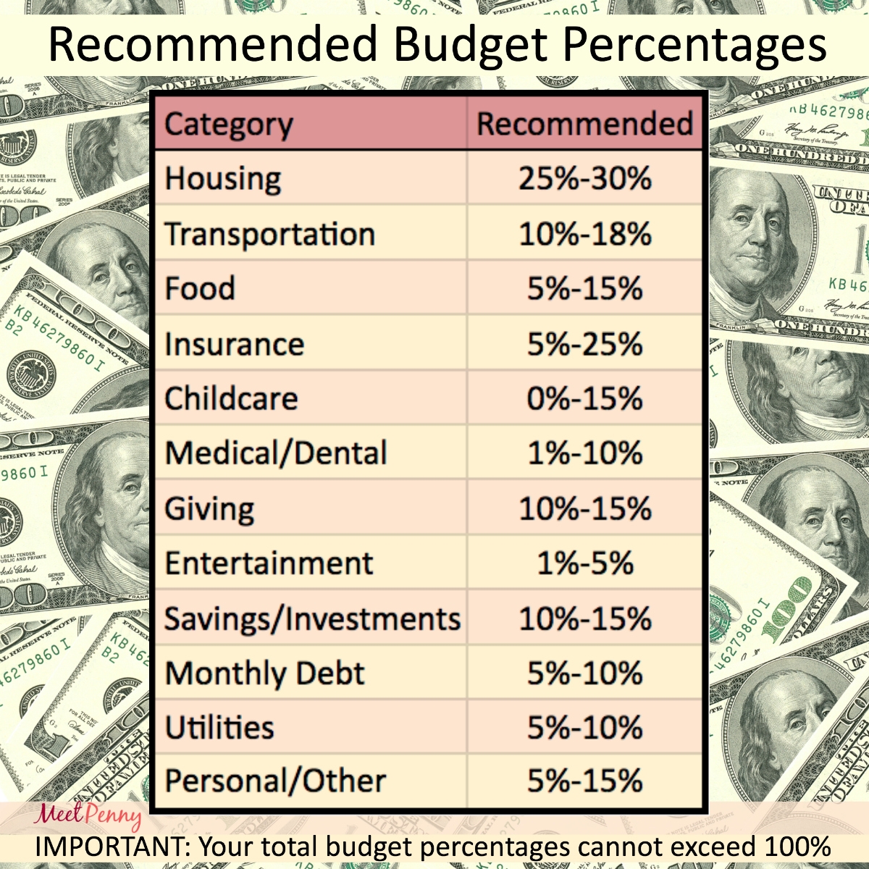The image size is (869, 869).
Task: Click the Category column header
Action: pyautogui.click(x=228, y=125)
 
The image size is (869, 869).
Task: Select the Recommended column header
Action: pyautogui.click(x=584, y=124)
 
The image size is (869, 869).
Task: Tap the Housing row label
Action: pyautogui.click(x=222, y=179)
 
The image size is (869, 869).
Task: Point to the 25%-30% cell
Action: pyautogui.click(x=584, y=179)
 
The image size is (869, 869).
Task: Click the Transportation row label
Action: pyautogui.click(x=269, y=234)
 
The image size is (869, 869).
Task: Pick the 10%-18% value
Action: pyautogui.click(x=584, y=234)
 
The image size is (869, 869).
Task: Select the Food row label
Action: pyautogui.click(x=200, y=288)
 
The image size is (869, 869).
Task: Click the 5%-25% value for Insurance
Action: pyautogui.click(x=584, y=344)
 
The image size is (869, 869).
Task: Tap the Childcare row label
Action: pyautogui.click(x=231, y=398)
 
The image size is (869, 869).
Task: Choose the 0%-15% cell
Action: pyautogui.click(x=584, y=398)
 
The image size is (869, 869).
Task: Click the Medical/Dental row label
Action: pyautogui.click(x=276, y=453)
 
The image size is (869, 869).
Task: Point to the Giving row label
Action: pyautogui.click(x=209, y=508)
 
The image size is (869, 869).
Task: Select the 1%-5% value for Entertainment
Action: pyautogui.click(x=584, y=563)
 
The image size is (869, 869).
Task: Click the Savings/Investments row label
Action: pyautogui.click(x=312, y=619)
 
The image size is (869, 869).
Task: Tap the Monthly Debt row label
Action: pyautogui.click(x=264, y=673)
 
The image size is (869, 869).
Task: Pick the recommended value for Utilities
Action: pyautogui.click(x=584, y=728)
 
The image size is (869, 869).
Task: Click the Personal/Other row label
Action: pyautogui.click(x=275, y=781)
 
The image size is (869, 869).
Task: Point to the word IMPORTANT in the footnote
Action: pyautogui.click(x=112, y=846)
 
